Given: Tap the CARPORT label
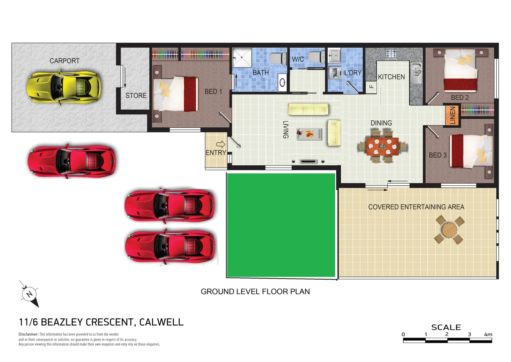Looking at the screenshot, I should tap(65, 61).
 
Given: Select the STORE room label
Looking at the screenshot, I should tap(136, 96).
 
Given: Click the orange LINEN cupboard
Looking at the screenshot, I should tap(452, 116).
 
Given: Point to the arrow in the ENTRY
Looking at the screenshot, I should tap(221, 144).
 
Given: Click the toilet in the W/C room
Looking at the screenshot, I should tap(316, 57).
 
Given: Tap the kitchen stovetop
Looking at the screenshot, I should tap(391, 53).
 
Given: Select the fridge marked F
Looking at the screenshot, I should tap(371, 87).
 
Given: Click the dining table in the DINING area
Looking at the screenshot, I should tap(382, 147).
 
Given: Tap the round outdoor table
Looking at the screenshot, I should tap(449, 230).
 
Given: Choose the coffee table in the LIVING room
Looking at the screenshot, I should tap(309, 134).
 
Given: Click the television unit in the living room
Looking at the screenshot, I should tap(308, 162).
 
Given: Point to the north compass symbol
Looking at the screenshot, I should tap(29, 294).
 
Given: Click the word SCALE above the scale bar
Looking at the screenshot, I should tap(446, 327).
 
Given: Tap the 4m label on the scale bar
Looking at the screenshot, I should tap(488, 334).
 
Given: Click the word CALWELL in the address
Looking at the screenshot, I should tap(161, 322).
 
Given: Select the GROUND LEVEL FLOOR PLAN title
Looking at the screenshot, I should tap(255, 292).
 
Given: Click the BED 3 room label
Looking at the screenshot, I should tap(438, 155).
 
